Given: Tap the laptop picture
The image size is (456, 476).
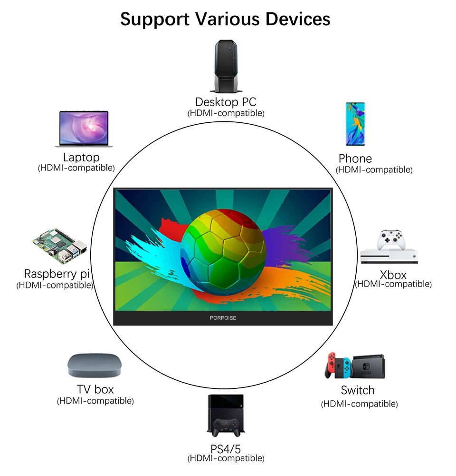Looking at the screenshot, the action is point(84,129).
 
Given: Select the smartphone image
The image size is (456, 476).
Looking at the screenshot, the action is point(355,124).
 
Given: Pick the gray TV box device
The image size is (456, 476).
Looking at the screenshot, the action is point(95,366).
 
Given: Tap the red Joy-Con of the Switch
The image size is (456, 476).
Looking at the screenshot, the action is point(331,366).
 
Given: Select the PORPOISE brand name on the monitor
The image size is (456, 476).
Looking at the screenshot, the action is point(223,318).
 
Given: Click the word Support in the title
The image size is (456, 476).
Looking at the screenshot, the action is point(154,19).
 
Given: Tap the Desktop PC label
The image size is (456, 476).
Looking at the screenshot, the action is point(226,102).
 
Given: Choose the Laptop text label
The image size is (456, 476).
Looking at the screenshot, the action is point(81,157).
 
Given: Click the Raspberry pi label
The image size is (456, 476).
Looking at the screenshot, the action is point(57,274).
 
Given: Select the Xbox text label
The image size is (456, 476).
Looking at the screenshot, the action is point(393,275).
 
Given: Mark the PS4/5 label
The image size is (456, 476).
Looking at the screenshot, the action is point(226,449).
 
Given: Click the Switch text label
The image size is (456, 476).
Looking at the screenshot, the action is point(358,390).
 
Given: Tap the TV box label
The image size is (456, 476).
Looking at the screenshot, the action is point(95,389).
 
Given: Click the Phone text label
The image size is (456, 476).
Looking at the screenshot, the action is point(355,159).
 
